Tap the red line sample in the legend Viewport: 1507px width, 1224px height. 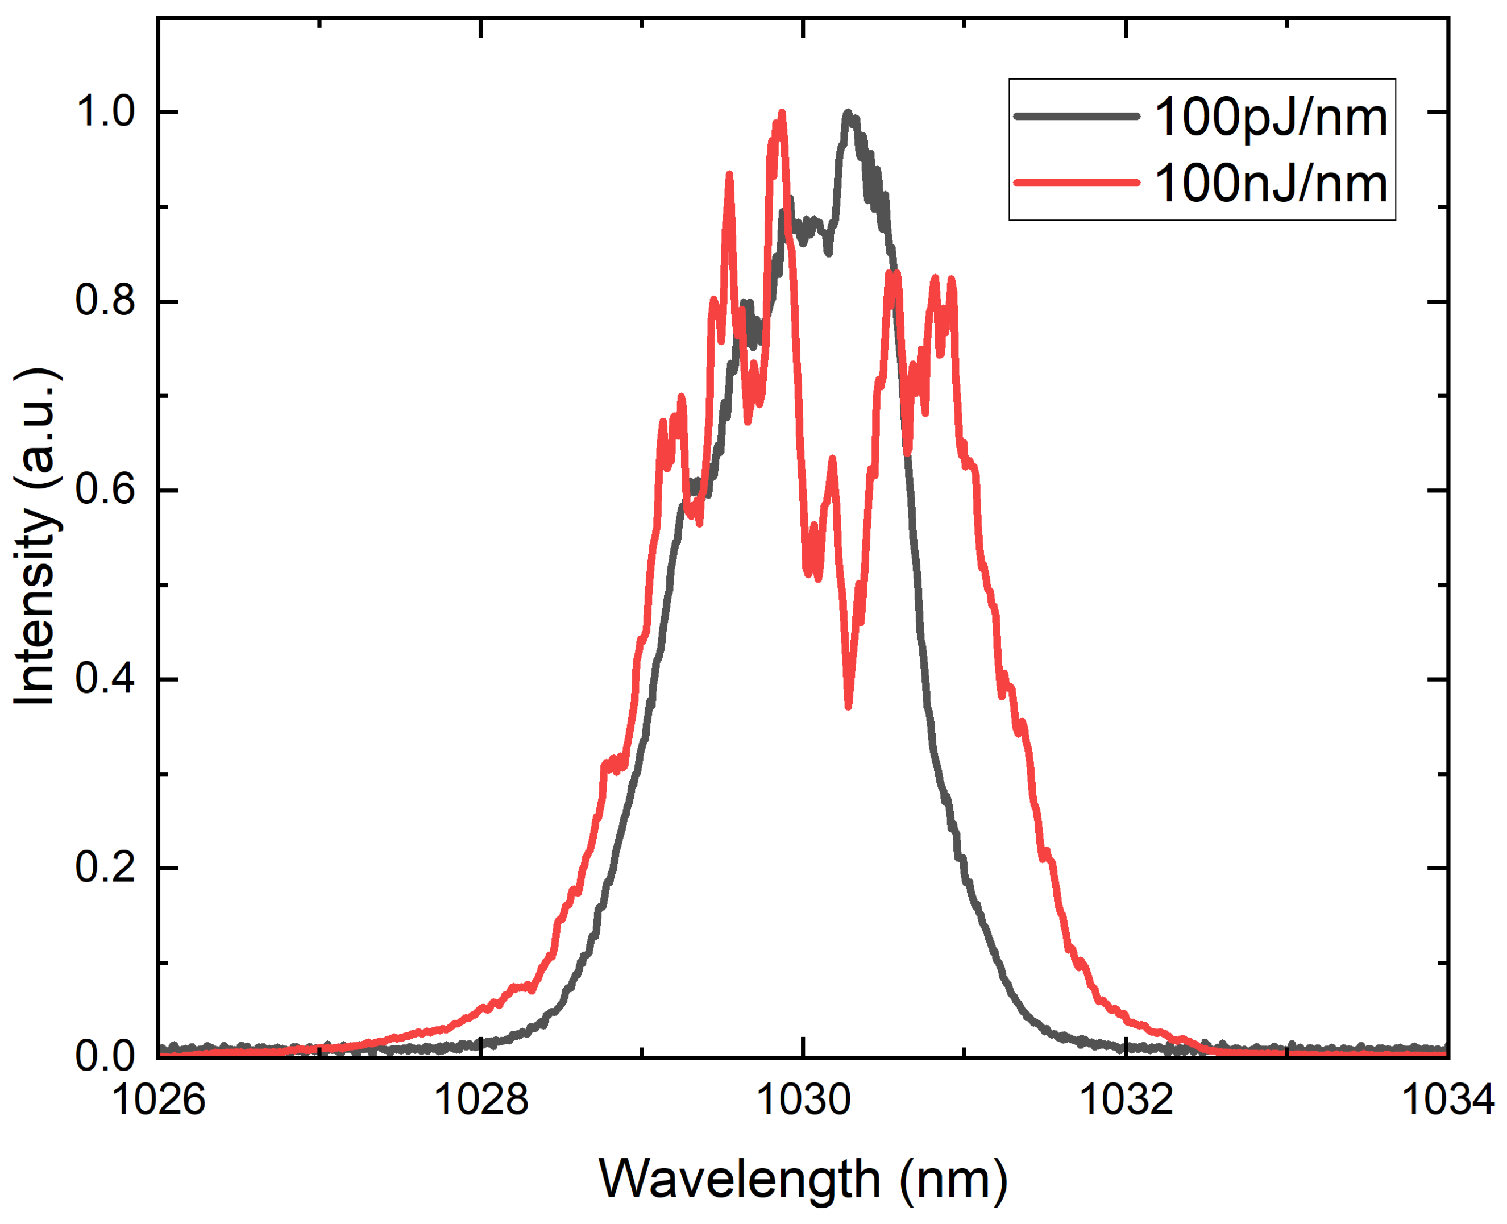click(1076, 182)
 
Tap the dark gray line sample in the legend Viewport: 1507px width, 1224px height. click(1076, 115)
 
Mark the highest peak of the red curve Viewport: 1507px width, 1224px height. click(781, 114)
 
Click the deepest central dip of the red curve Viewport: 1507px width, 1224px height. click(848, 705)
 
